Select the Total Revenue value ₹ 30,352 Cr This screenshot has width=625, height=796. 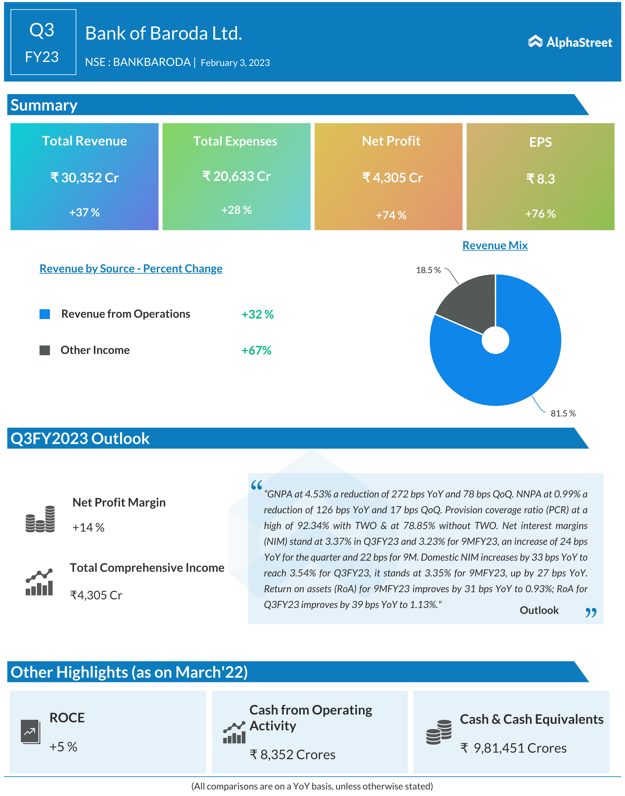click(84, 178)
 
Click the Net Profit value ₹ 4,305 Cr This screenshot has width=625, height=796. click(392, 178)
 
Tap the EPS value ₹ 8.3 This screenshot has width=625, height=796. click(541, 179)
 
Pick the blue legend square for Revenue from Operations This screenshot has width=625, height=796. click(45, 314)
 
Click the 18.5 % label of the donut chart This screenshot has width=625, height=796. click(428, 270)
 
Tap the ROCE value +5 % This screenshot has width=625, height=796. click(63, 747)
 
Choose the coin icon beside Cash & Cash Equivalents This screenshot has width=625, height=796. click(439, 732)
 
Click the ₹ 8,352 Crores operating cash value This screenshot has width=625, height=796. click(292, 755)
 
